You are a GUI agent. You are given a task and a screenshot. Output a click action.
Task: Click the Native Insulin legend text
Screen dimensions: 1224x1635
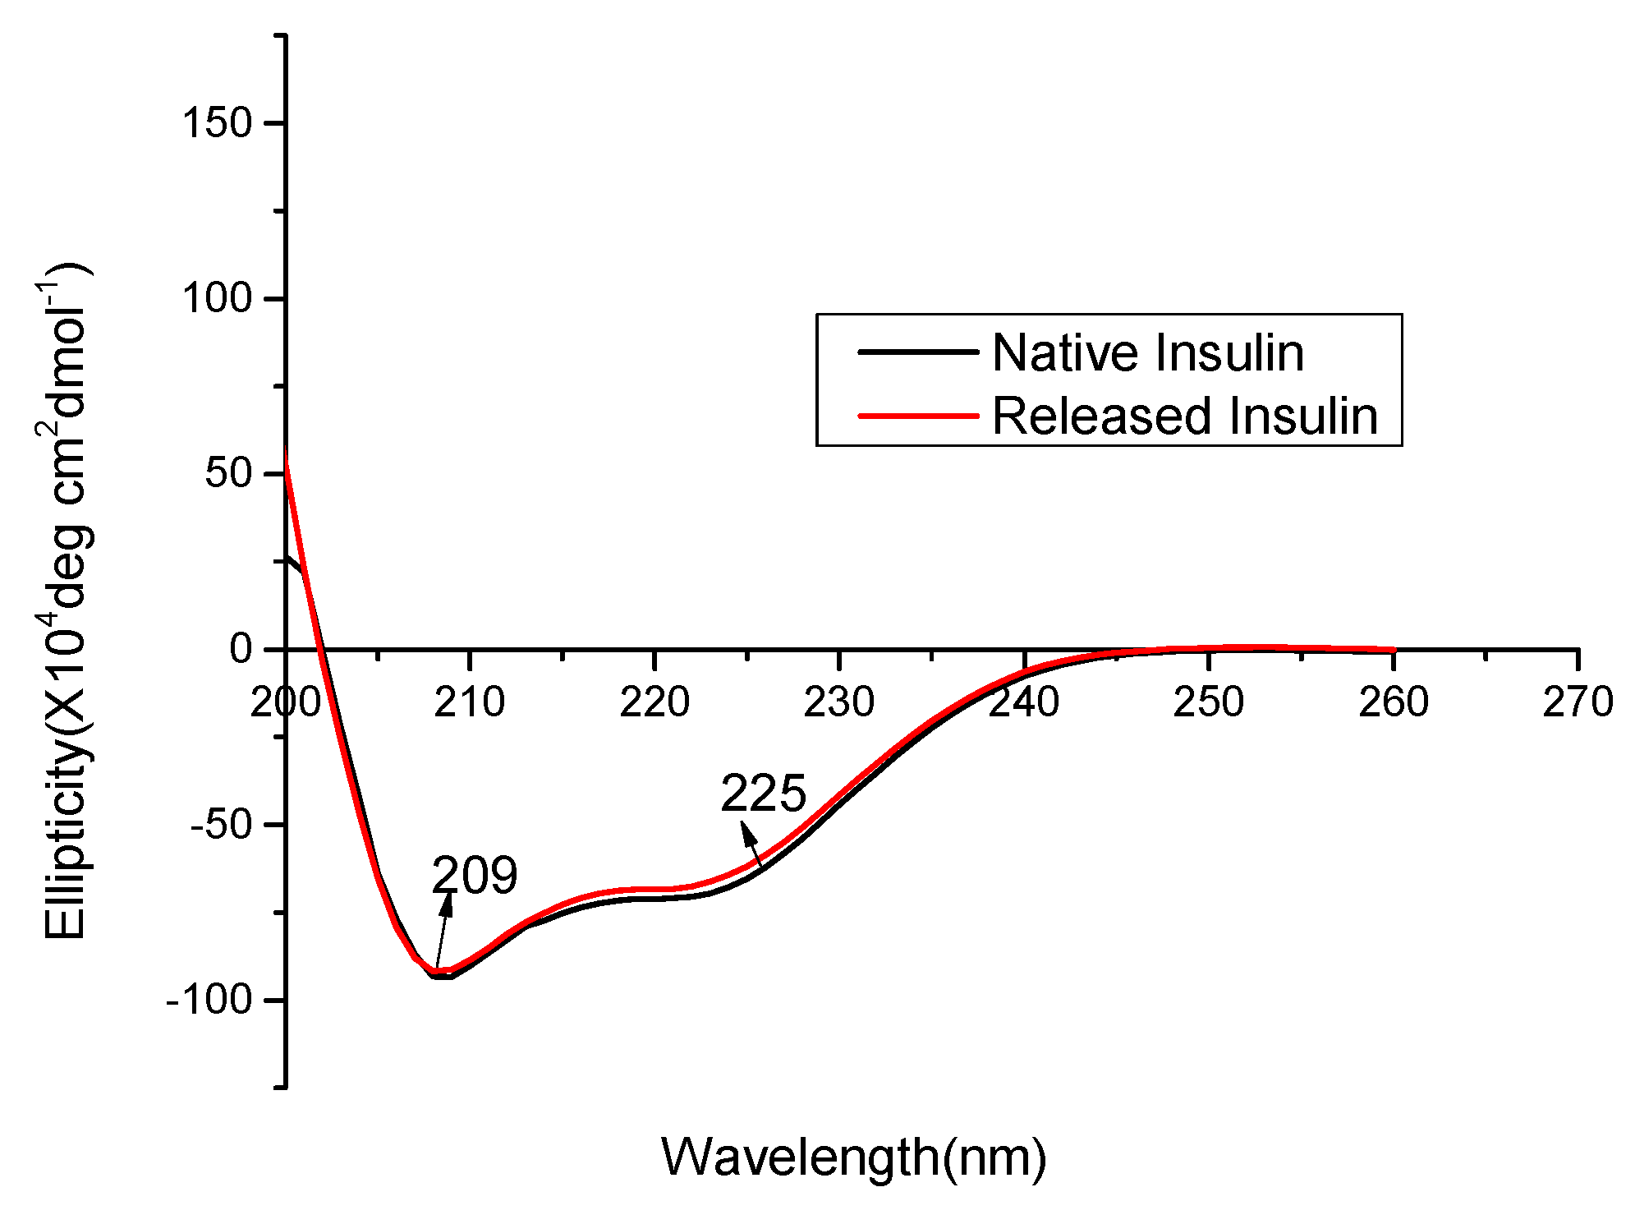(1147, 353)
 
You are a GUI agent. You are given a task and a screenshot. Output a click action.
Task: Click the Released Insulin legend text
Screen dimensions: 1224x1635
(1184, 416)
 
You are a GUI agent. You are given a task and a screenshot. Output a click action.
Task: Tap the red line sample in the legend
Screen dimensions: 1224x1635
(917, 416)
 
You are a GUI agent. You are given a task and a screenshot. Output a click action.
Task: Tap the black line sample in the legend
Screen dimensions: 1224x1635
(917, 352)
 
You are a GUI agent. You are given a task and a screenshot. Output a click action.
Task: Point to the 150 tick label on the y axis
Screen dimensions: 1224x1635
(216, 123)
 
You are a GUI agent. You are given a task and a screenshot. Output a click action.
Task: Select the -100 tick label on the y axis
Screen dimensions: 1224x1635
(209, 1000)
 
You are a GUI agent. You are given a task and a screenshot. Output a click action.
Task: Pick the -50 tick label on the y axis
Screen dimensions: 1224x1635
(220, 825)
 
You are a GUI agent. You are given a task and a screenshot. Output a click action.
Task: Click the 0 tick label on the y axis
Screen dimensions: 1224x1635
(241, 649)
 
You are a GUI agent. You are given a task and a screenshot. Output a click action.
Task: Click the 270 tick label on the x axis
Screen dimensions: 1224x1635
(1578, 703)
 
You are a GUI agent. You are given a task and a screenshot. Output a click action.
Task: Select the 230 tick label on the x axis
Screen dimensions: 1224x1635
(838, 703)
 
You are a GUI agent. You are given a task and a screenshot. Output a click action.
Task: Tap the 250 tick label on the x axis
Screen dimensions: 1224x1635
(1208, 703)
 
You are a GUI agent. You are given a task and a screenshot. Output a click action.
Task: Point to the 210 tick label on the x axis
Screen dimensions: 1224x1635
(469, 703)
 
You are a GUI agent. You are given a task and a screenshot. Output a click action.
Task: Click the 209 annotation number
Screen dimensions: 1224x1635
(475, 875)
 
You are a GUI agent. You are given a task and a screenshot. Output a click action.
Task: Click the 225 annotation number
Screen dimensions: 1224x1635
(763, 794)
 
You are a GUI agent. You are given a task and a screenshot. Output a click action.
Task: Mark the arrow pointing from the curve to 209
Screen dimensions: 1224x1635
(443, 931)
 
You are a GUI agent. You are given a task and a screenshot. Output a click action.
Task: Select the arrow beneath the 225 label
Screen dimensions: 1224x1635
(751, 844)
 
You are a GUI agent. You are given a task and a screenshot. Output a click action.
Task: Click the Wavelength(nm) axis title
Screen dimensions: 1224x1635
(853, 1157)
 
